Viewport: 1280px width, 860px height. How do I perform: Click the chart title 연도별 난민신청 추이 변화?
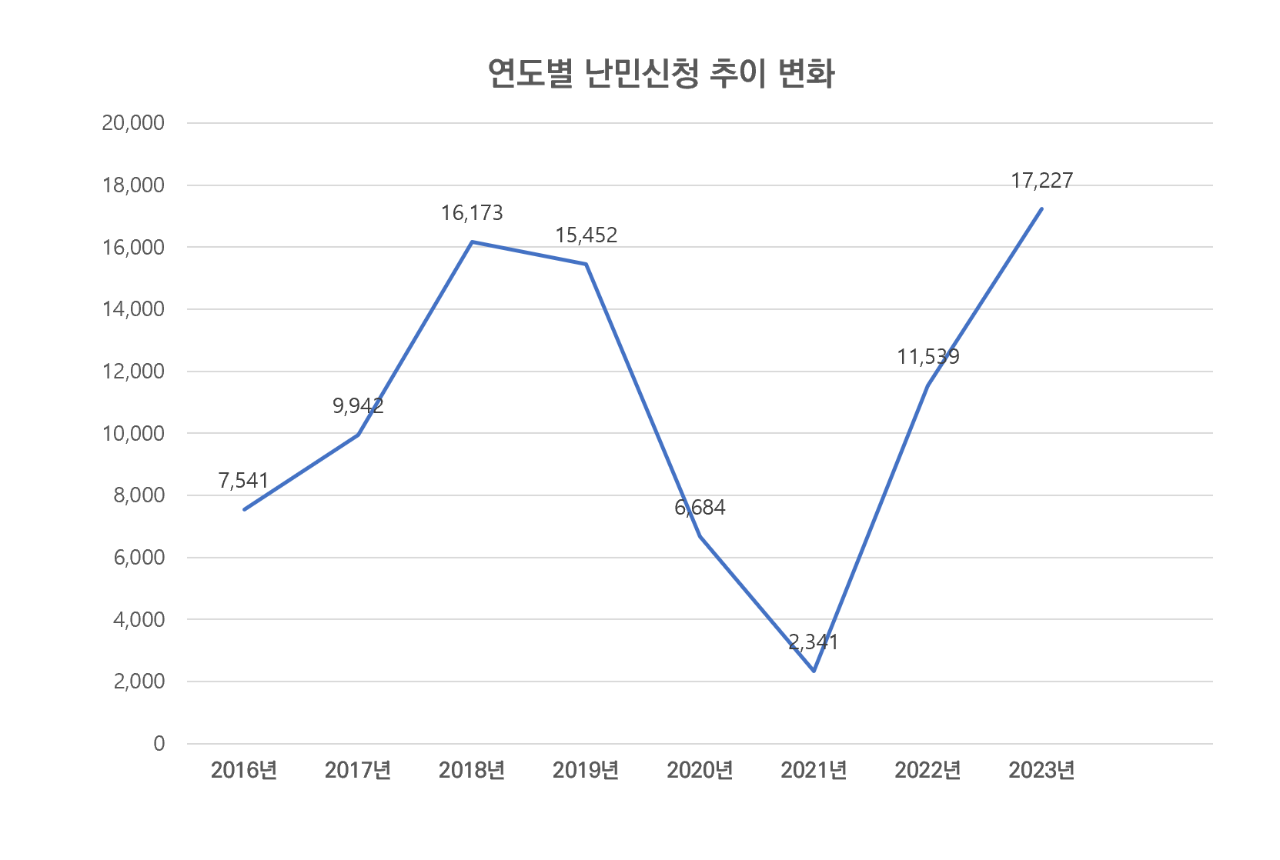[x=660, y=74]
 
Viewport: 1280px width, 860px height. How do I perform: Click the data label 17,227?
[x=1041, y=181]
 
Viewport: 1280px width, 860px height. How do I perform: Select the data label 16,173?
[x=472, y=213]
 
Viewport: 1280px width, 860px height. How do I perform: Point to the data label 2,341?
[x=814, y=642]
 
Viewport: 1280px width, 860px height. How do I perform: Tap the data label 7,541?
[x=243, y=481]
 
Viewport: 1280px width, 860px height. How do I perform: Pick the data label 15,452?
[x=587, y=235]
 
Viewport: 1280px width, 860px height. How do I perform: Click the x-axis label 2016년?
[x=244, y=770]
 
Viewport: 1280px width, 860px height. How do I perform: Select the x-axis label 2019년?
[x=586, y=770]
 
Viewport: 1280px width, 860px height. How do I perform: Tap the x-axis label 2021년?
[x=814, y=770]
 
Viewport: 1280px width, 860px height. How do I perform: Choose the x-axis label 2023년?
[x=1041, y=770]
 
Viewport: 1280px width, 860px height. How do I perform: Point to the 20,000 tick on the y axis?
[x=133, y=123]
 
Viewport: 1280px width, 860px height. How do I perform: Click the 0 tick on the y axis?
[x=159, y=744]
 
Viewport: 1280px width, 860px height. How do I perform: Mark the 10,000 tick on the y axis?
[x=133, y=434]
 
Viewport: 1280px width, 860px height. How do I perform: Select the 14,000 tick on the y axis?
[x=133, y=309]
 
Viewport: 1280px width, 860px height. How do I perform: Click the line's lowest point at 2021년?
[x=814, y=671]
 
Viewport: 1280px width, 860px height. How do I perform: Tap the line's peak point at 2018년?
[x=472, y=242]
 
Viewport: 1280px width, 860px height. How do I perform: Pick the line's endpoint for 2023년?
[x=1041, y=208]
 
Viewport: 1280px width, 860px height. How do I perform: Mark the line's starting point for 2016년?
[x=244, y=509]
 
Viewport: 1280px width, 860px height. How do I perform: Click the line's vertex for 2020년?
[x=700, y=536]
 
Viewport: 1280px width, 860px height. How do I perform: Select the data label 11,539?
[x=928, y=357]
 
